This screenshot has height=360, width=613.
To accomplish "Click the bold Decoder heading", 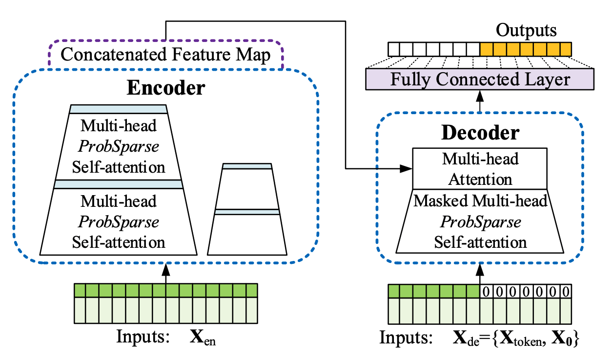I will tap(480, 133).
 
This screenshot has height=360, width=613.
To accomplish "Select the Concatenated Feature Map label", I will tap(166, 55).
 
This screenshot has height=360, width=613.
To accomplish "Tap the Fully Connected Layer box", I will tap(480, 79).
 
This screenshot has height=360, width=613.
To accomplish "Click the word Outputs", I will tap(526, 31).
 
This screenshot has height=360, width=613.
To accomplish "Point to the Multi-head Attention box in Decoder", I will tap(480, 169).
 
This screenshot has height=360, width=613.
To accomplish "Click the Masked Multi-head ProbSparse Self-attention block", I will tap(480, 221).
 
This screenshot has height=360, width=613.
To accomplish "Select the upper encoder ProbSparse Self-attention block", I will tap(119, 146).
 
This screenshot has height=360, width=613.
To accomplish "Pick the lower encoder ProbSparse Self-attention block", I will tap(119, 221).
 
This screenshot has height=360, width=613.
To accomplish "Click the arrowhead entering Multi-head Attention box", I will tap(408, 169).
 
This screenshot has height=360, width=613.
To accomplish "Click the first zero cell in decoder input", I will tap(487, 292).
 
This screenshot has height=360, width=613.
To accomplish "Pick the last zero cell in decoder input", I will tap(565, 292).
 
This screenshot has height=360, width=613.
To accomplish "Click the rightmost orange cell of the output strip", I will tap(565, 49).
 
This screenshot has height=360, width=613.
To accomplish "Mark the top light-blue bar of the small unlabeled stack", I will tap(247, 166).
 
